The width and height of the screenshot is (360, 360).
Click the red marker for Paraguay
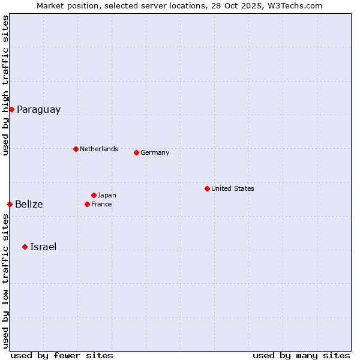11,109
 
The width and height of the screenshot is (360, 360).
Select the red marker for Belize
10,204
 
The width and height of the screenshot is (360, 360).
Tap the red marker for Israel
25,247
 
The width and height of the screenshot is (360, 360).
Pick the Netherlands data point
76,149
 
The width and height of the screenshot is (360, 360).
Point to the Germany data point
136,152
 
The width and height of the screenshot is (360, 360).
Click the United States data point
207,188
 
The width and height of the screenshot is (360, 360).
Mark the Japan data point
94,195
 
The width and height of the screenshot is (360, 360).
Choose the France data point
87,204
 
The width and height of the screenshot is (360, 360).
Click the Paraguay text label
38,110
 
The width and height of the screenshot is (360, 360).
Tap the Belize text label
29,205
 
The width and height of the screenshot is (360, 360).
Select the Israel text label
43,247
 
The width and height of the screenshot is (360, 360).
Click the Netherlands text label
99,149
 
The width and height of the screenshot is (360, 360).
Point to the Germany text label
155,152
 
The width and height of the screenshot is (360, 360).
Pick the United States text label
233,188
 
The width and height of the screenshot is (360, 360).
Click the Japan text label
107,195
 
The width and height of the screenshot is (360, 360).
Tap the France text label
101,204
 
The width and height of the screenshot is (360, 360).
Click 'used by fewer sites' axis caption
62,355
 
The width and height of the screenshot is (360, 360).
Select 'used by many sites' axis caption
301,355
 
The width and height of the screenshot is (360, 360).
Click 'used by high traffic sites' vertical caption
5,85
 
